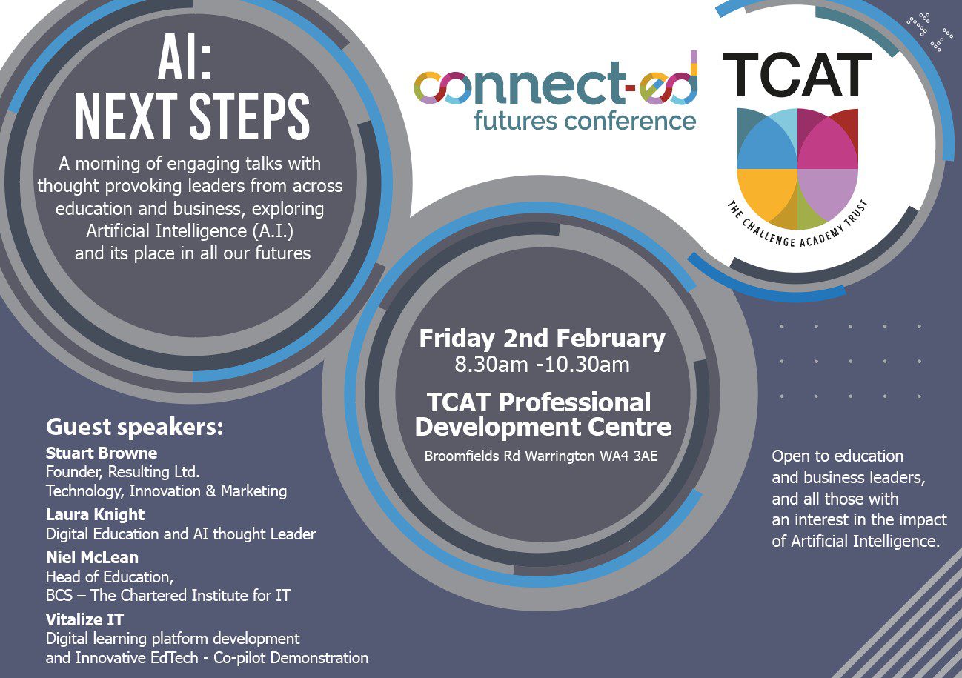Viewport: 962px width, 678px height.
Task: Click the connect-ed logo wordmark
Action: click(x=556, y=79)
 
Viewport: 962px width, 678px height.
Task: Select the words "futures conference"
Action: click(x=585, y=121)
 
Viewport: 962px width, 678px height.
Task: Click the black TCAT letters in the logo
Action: click(x=797, y=75)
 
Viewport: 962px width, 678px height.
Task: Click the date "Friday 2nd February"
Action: click(x=542, y=339)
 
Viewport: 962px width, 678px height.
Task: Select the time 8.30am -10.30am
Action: click(x=542, y=365)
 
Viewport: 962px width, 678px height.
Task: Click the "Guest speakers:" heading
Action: click(x=134, y=428)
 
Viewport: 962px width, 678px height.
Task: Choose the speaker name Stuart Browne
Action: click(x=102, y=453)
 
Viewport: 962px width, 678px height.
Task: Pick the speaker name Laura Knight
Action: click(x=95, y=514)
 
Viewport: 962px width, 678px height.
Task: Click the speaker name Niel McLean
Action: click(x=92, y=557)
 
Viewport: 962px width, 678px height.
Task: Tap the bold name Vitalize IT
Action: click(x=84, y=619)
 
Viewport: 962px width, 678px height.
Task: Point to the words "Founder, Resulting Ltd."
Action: click(x=122, y=472)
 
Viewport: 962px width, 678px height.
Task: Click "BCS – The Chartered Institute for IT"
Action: click(x=168, y=596)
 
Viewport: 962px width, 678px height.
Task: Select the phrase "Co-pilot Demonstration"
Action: click(x=291, y=658)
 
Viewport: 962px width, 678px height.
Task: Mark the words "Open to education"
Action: click(x=837, y=456)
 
